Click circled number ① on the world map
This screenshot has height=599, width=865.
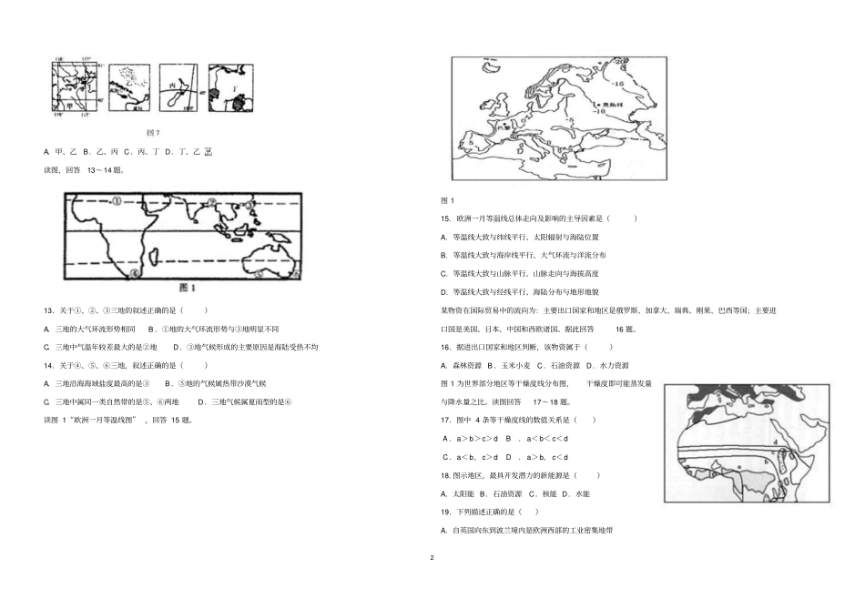coord(117,202)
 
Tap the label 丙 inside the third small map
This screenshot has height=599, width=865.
coord(171,86)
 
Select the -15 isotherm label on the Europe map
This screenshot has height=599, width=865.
coord(616,82)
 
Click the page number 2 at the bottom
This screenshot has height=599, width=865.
coord(432,555)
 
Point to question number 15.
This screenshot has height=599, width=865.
coord(445,218)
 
